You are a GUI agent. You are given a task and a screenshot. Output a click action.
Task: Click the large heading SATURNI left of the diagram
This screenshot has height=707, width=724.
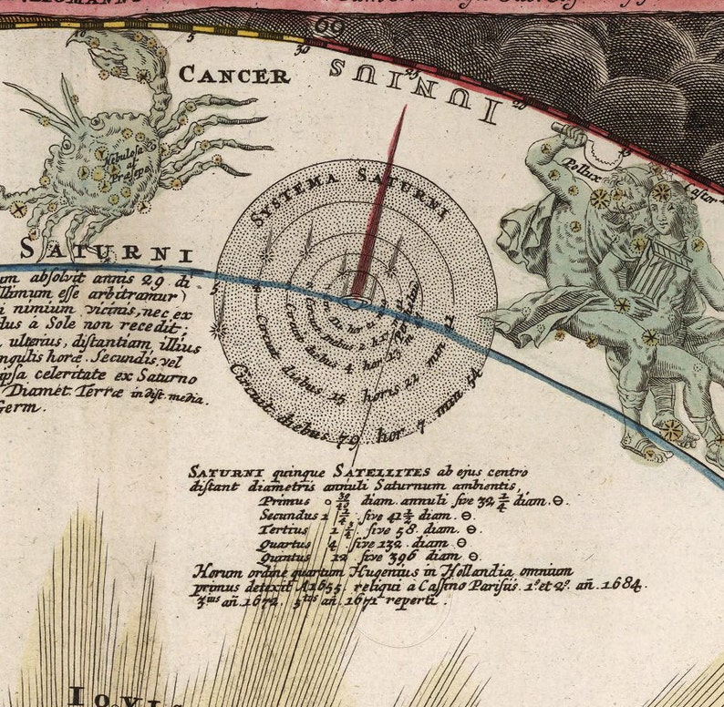pos(104,250)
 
